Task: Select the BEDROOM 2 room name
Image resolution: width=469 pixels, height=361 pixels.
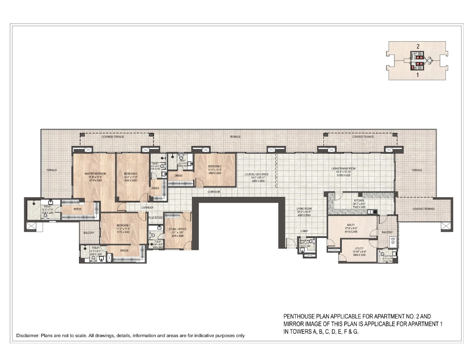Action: tap(215, 167)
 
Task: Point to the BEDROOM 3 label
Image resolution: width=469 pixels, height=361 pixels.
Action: tap(130, 174)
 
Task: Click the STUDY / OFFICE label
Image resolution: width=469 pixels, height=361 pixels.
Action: tap(177, 229)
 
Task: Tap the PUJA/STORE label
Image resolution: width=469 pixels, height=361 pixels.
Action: tap(156, 218)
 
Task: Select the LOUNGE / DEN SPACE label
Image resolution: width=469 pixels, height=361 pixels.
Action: tap(256, 174)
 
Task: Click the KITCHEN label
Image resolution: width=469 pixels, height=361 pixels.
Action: tap(359, 201)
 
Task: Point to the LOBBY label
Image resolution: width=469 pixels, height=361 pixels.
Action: tap(304, 231)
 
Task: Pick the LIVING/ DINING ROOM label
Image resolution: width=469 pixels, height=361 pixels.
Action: tap(344, 169)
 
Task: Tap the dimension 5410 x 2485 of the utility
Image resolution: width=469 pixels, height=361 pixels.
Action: tap(351, 232)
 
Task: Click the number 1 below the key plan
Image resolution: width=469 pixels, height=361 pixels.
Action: tap(418, 75)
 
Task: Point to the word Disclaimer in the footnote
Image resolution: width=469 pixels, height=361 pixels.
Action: tap(28, 336)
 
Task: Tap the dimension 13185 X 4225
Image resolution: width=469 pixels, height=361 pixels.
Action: tap(344, 175)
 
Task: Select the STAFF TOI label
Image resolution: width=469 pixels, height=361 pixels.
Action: tap(388, 256)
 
